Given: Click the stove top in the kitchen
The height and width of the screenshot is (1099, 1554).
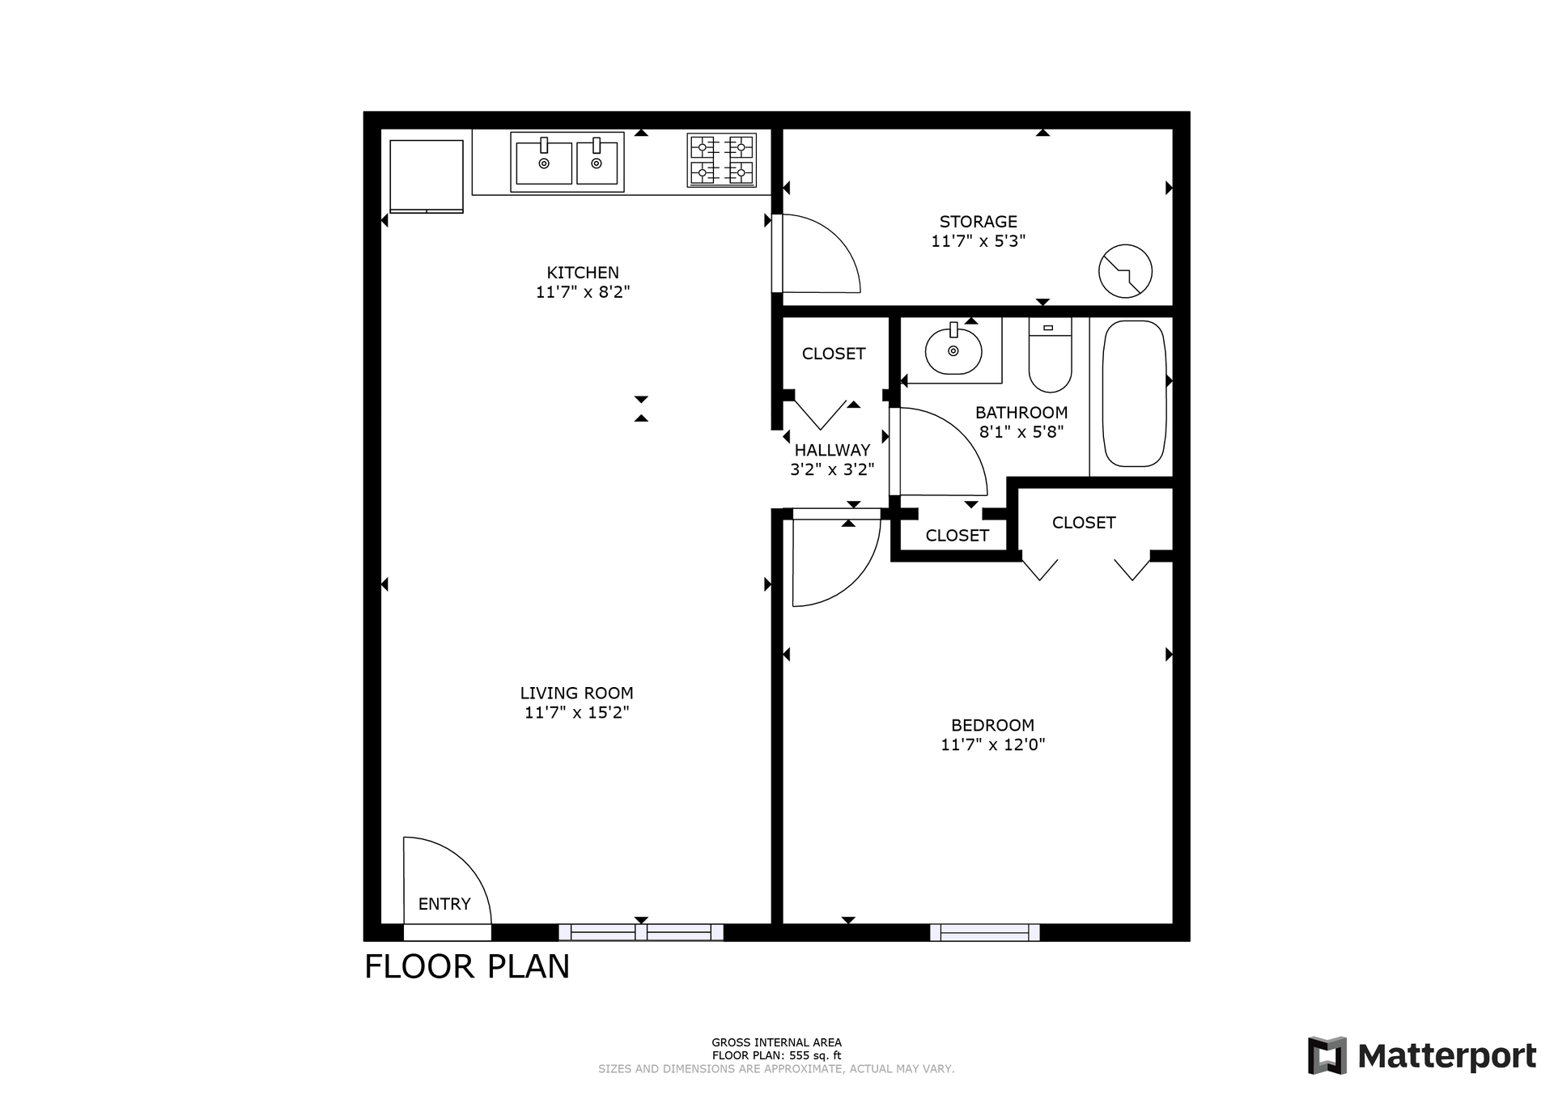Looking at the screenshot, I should (721, 160).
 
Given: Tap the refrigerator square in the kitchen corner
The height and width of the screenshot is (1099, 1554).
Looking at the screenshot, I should (427, 176).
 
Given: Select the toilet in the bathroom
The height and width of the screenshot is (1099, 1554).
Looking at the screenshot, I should (1050, 357).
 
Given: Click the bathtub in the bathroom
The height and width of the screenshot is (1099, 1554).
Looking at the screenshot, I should (1134, 393).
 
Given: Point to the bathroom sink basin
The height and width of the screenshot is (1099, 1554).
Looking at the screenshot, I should (953, 350).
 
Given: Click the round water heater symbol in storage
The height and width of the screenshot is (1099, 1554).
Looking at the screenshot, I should (1125, 270).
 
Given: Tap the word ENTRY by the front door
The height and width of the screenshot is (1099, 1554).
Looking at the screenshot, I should (444, 904).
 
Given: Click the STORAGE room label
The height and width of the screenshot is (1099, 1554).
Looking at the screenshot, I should (978, 222).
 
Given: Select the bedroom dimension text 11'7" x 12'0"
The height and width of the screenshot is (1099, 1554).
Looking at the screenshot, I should (992, 745).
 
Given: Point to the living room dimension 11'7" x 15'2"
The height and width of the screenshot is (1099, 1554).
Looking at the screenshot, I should (576, 712).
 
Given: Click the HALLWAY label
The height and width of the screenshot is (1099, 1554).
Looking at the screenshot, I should (832, 450).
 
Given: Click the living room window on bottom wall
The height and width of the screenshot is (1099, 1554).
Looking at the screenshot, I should (641, 932).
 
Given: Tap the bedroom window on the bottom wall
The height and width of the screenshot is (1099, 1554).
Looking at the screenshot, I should (984, 932).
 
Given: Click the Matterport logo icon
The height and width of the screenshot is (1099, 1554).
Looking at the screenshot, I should (1327, 1055).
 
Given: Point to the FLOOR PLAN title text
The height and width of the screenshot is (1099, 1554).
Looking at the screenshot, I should (467, 966).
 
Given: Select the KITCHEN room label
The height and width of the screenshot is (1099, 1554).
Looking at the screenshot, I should (582, 273).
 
